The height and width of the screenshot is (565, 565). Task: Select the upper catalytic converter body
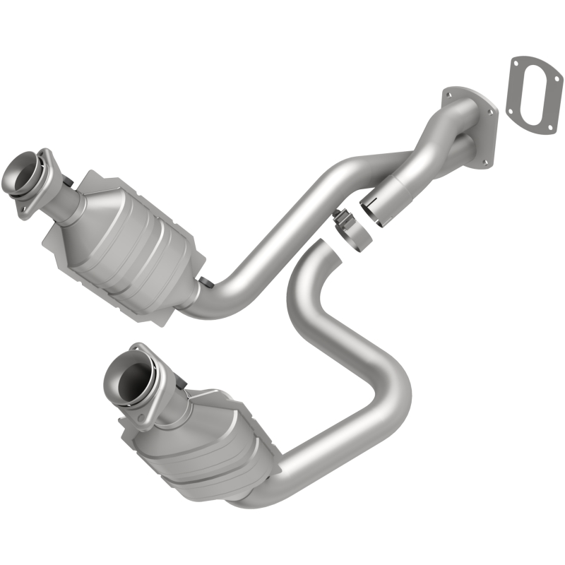click(131, 237)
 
